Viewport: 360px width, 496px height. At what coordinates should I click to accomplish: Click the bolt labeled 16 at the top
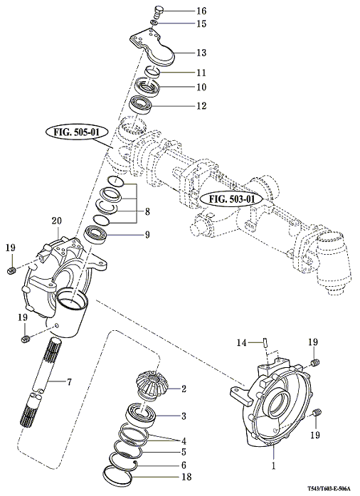159,12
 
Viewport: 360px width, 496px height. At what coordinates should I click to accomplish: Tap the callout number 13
201,53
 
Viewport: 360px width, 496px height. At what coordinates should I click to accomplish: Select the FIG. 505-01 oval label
77,132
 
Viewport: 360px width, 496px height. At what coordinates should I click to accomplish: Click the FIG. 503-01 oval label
232,199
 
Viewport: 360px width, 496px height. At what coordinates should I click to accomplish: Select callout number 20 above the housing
57,221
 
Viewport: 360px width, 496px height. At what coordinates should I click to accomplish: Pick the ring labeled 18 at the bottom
117,479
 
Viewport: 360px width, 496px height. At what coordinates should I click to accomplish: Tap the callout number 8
147,211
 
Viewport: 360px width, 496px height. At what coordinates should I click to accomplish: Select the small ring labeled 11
154,71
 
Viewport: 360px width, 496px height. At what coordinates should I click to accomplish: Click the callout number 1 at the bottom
274,465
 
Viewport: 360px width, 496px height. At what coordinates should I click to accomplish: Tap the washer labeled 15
154,23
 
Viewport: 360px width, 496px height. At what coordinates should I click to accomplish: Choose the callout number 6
184,465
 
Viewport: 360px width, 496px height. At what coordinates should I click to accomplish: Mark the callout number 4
184,440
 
